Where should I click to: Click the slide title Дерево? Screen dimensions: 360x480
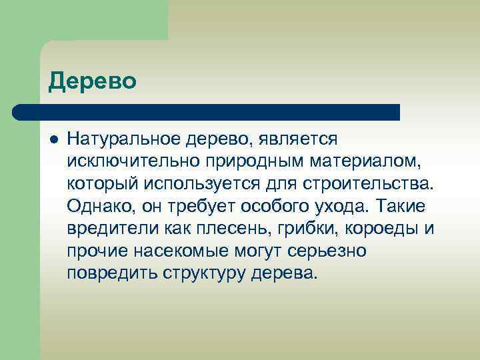(x=93, y=81)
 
